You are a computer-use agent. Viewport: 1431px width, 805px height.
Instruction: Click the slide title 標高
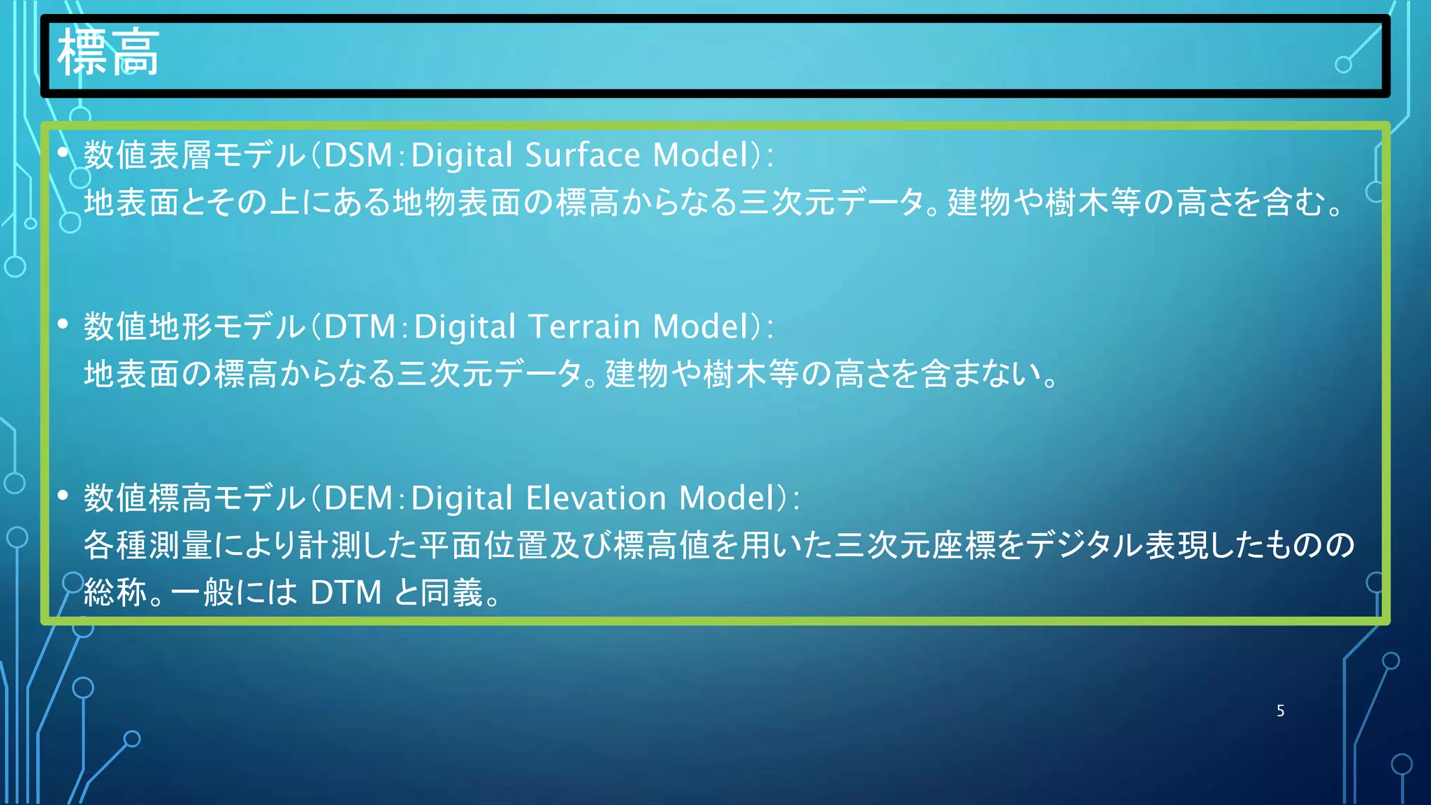click(108, 53)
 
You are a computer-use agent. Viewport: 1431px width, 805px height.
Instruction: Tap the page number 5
click(1280, 711)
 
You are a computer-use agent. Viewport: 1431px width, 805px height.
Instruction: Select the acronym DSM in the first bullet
click(358, 155)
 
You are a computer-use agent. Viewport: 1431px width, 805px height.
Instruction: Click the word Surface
click(582, 155)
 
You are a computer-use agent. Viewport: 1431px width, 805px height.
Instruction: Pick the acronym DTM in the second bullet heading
click(360, 327)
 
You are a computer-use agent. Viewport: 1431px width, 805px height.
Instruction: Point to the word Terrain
click(584, 327)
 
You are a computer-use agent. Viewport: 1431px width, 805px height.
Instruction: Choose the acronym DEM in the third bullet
click(358, 498)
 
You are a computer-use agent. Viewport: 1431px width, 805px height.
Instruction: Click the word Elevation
click(595, 498)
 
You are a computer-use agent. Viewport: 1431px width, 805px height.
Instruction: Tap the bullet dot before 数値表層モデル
click(64, 152)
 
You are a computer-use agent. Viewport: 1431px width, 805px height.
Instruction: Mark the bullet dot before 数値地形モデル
click(64, 324)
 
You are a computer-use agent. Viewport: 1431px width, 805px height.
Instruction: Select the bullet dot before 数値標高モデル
click(64, 495)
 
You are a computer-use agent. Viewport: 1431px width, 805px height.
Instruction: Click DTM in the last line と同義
click(346, 593)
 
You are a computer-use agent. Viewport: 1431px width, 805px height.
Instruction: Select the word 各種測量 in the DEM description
click(148, 545)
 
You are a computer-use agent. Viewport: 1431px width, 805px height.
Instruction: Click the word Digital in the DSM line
click(462, 155)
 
